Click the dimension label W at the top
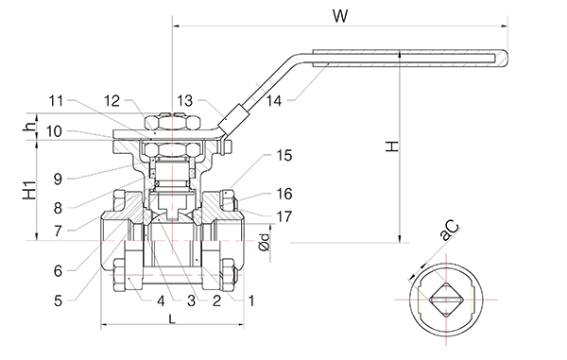click(x=340, y=16)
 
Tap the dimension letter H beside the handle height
click(x=392, y=146)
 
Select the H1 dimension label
click(x=30, y=189)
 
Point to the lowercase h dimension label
click(x=30, y=126)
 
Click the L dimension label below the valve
click(x=172, y=318)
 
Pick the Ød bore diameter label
click(x=265, y=242)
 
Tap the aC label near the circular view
click(x=450, y=230)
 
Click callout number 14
click(x=274, y=101)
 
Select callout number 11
click(x=56, y=101)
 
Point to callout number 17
click(x=284, y=217)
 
